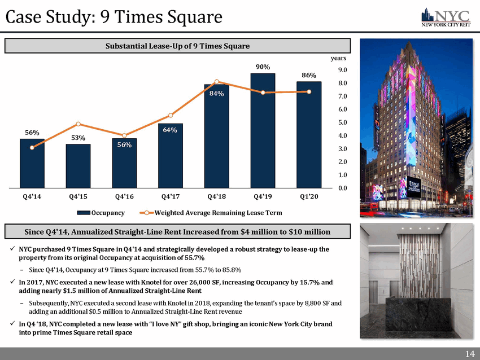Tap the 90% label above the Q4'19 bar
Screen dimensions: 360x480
click(263, 67)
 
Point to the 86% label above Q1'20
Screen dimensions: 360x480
click(309, 75)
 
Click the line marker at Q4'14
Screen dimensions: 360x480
click(32, 147)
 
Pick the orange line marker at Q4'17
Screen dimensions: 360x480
click(171, 115)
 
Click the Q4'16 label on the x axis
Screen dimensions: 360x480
click(124, 197)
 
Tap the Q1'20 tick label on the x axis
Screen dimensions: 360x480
click(309, 197)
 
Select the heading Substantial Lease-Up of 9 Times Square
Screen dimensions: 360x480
click(178, 45)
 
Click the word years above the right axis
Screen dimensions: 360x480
click(339, 58)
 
